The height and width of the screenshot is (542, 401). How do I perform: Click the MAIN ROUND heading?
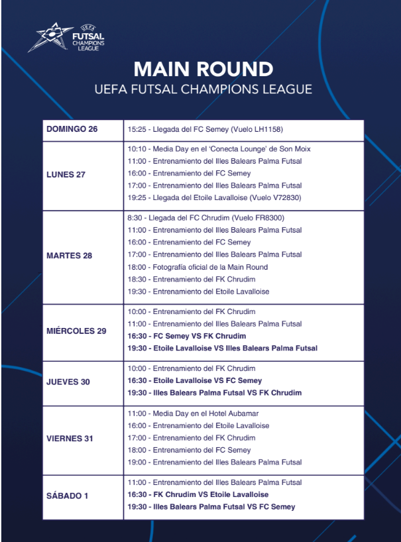(x=203, y=69)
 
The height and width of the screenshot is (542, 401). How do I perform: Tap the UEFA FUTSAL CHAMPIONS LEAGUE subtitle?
(x=203, y=89)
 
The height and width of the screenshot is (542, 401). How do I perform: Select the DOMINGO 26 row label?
(x=72, y=129)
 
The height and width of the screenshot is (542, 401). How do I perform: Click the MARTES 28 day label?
(x=69, y=256)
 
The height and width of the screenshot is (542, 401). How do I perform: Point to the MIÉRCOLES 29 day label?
(x=76, y=331)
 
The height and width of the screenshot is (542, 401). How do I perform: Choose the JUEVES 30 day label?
(x=68, y=382)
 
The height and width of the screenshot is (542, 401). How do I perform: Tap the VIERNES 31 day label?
(x=70, y=439)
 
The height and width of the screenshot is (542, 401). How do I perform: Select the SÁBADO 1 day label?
(x=67, y=495)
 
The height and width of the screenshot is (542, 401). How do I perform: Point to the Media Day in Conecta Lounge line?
(x=219, y=149)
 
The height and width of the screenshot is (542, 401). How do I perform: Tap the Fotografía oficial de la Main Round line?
(x=198, y=267)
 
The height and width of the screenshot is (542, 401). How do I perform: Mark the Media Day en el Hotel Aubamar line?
(x=194, y=413)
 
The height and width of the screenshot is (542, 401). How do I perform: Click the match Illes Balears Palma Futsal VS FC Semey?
(x=211, y=507)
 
